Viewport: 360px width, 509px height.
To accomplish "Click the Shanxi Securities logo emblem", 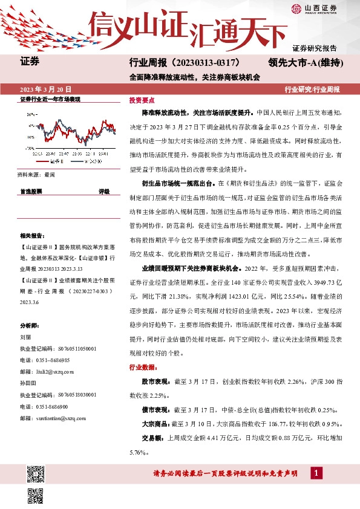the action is pos(296,8).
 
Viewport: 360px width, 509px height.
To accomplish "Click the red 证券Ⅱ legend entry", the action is pos(51,161).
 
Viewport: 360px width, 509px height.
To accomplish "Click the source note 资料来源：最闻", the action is pos(37,174).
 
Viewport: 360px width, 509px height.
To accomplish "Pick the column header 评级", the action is pos(104,191).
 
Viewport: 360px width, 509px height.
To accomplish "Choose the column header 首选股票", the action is pos(31,191).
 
